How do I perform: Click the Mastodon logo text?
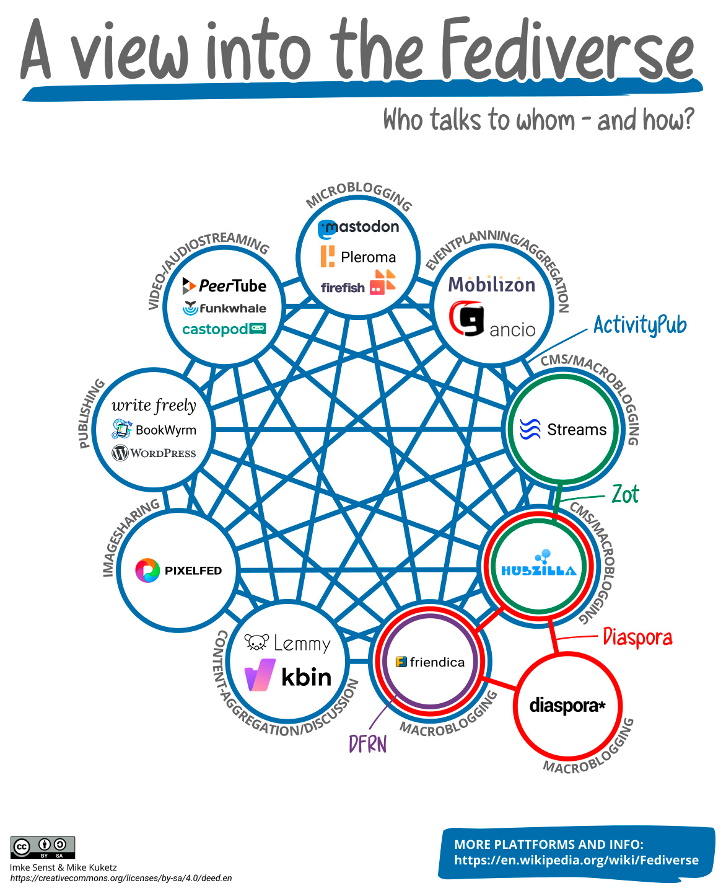pyautogui.click(x=359, y=228)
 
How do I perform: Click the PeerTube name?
pyautogui.click(x=224, y=286)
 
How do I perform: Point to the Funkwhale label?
pyautogui.click(x=225, y=308)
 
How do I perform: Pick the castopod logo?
pyautogui.click(x=224, y=329)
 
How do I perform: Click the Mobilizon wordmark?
pyautogui.click(x=491, y=285)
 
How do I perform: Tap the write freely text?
pyautogui.click(x=154, y=406)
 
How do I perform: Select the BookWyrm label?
pyautogui.click(x=154, y=429)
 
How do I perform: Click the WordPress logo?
pyautogui.click(x=154, y=453)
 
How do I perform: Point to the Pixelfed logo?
pyautogui.click(x=178, y=570)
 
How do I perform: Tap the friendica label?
pyautogui.click(x=430, y=662)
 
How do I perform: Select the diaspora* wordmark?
pyautogui.click(x=567, y=705)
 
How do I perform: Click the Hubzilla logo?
pyautogui.click(x=538, y=565)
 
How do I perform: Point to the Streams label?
pyautogui.click(x=564, y=429)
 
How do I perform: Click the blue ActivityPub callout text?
pyautogui.click(x=640, y=325)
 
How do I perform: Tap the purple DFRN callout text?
pyautogui.click(x=367, y=743)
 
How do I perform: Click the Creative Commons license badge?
pyautogui.click(x=43, y=847)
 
